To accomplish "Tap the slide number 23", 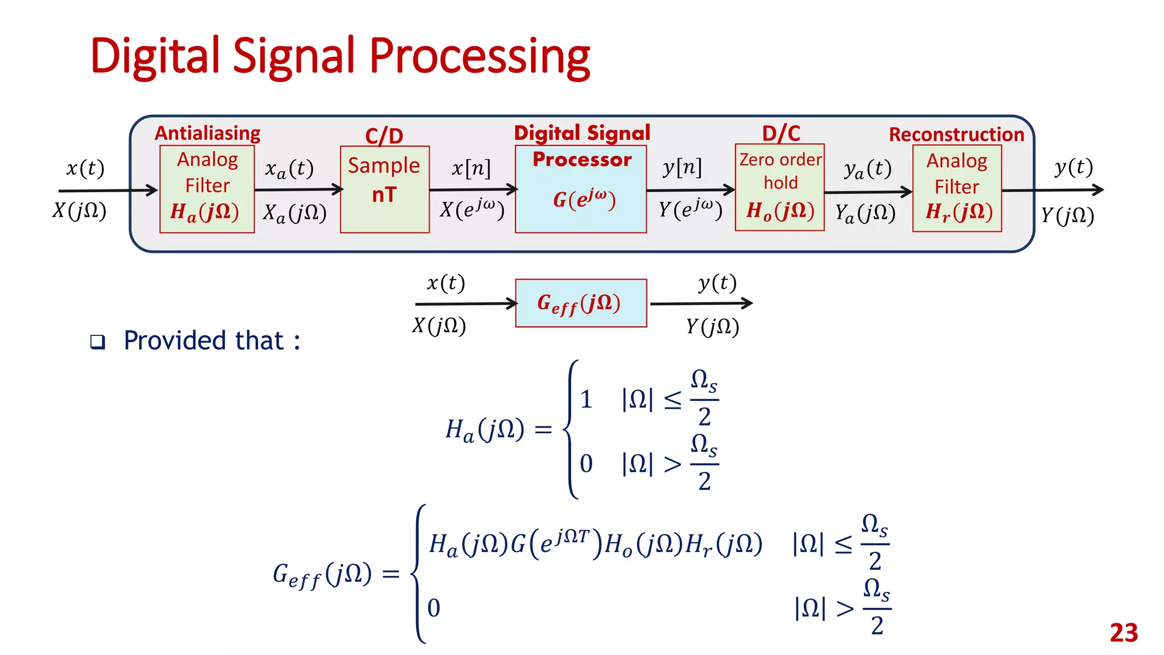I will tap(1124, 633).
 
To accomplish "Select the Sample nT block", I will tap(384, 189).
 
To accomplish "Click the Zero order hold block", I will tap(779, 187).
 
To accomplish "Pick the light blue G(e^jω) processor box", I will tap(580, 189).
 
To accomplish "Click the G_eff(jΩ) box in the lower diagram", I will tap(580, 303).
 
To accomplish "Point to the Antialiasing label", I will tap(207, 133).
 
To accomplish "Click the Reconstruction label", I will tap(956, 135).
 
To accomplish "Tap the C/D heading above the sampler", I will tap(384, 136).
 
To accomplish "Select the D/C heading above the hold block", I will tap(780, 134).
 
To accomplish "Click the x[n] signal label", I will tap(471, 168).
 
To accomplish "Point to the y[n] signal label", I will tap(682, 168).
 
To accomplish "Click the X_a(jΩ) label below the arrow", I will tap(294, 213).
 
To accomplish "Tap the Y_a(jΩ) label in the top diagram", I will tap(865, 214).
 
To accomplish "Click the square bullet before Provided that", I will tap(98, 342).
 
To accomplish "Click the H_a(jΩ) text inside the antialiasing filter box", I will tap(205, 212).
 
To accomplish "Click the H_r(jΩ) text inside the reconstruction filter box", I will tap(959, 212).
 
